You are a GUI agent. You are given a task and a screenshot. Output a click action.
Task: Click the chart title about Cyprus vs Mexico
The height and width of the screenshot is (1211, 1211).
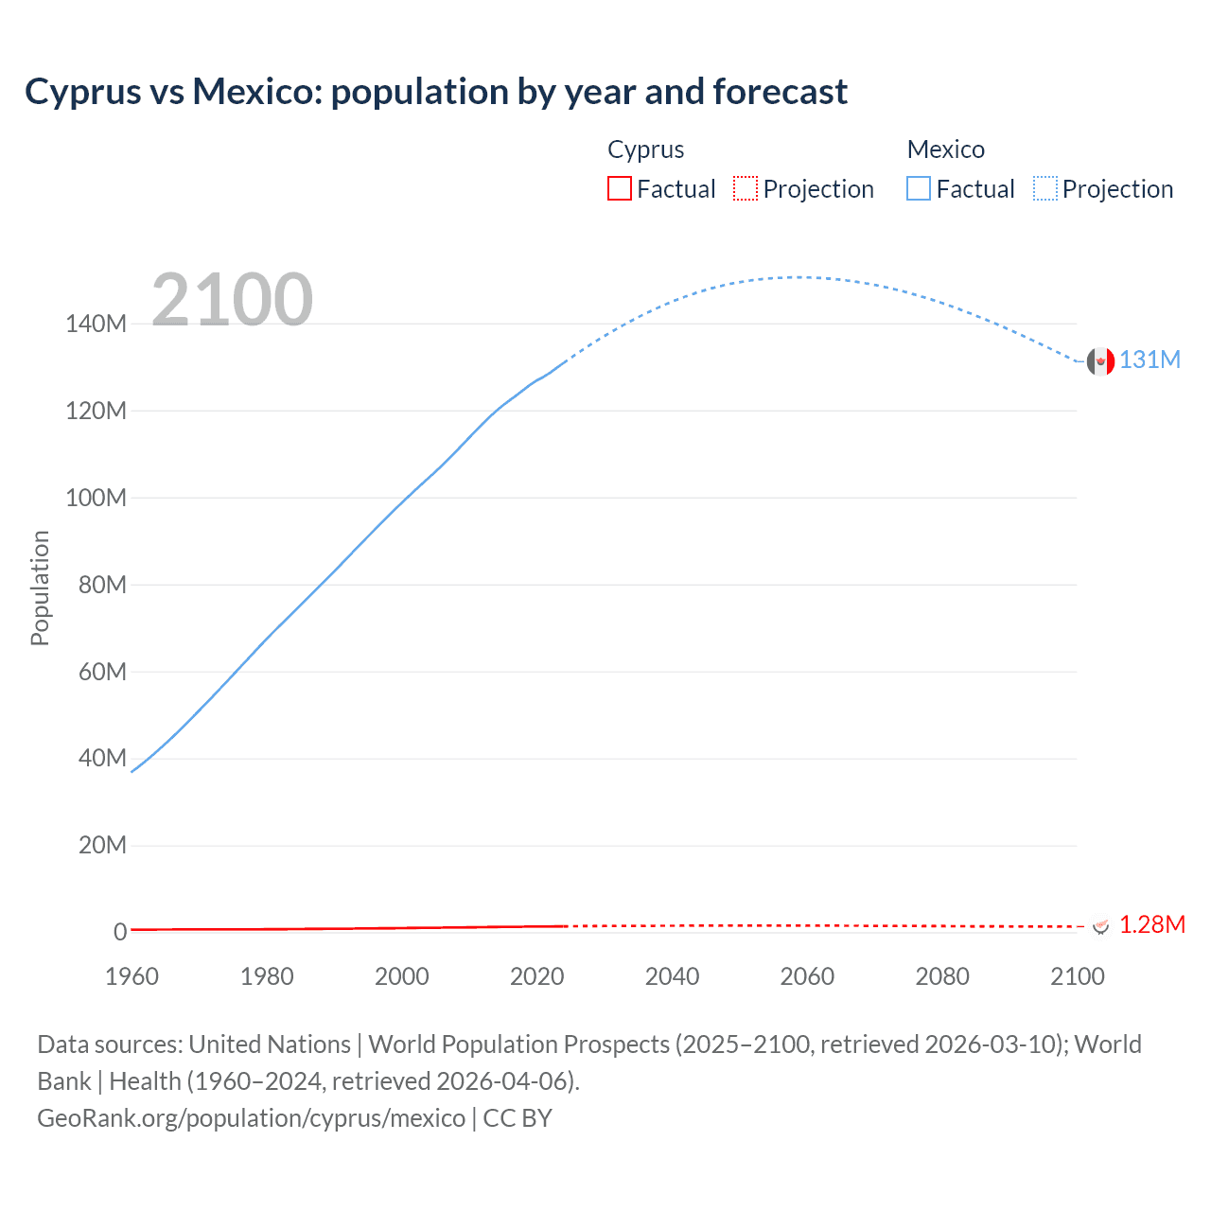pyautogui.click(x=436, y=92)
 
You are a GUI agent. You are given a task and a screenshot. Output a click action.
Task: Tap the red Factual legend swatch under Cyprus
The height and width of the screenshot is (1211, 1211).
pyautogui.click(x=620, y=189)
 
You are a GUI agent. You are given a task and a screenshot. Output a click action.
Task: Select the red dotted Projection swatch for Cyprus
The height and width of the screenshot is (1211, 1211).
pyautogui.click(x=746, y=189)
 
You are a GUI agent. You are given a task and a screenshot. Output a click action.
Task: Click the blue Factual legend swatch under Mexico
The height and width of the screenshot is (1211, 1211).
pyautogui.click(x=919, y=189)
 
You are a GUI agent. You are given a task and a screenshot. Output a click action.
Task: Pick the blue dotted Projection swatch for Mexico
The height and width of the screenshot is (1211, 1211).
pyautogui.click(x=1045, y=189)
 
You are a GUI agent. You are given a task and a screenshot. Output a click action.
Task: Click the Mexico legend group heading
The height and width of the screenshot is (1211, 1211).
pyautogui.click(x=945, y=149)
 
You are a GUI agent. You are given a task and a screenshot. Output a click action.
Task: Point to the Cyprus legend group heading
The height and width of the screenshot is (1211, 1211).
pyautogui.click(x=645, y=149)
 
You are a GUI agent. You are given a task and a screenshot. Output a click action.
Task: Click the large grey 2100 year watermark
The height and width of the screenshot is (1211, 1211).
pyautogui.click(x=232, y=300)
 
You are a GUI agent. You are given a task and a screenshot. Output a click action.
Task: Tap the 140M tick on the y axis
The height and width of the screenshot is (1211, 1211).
pyautogui.click(x=96, y=325)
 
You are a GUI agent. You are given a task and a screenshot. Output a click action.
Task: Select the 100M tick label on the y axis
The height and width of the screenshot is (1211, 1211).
pyautogui.click(x=96, y=499)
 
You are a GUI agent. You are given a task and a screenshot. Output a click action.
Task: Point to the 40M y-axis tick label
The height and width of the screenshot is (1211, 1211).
pyautogui.click(x=102, y=758)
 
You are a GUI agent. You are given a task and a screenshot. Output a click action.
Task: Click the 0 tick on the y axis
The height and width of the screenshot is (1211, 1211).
pyautogui.click(x=120, y=932)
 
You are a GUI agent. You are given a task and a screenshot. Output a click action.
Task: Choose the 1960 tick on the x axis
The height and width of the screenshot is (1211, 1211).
pyautogui.click(x=132, y=976)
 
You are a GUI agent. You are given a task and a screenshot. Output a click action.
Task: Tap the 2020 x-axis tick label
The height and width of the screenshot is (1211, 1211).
pyautogui.click(x=536, y=976)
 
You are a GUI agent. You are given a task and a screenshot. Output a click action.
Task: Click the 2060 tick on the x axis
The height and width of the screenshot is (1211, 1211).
pyautogui.click(x=807, y=976)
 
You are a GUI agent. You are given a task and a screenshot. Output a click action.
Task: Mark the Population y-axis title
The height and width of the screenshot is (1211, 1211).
pyautogui.click(x=40, y=588)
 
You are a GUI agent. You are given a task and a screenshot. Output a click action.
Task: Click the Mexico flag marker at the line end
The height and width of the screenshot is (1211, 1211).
pyautogui.click(x=1100, y=360)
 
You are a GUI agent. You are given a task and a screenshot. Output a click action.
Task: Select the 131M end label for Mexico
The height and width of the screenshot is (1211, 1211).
pyautogui.click(x=1150, y=360)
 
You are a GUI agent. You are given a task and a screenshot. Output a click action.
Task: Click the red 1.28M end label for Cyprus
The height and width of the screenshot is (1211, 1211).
pyautogui.click(x=1151, y=924)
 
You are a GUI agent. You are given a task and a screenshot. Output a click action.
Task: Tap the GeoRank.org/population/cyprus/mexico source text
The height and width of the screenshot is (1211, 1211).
pyautogui.click(x=252, y=1118)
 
